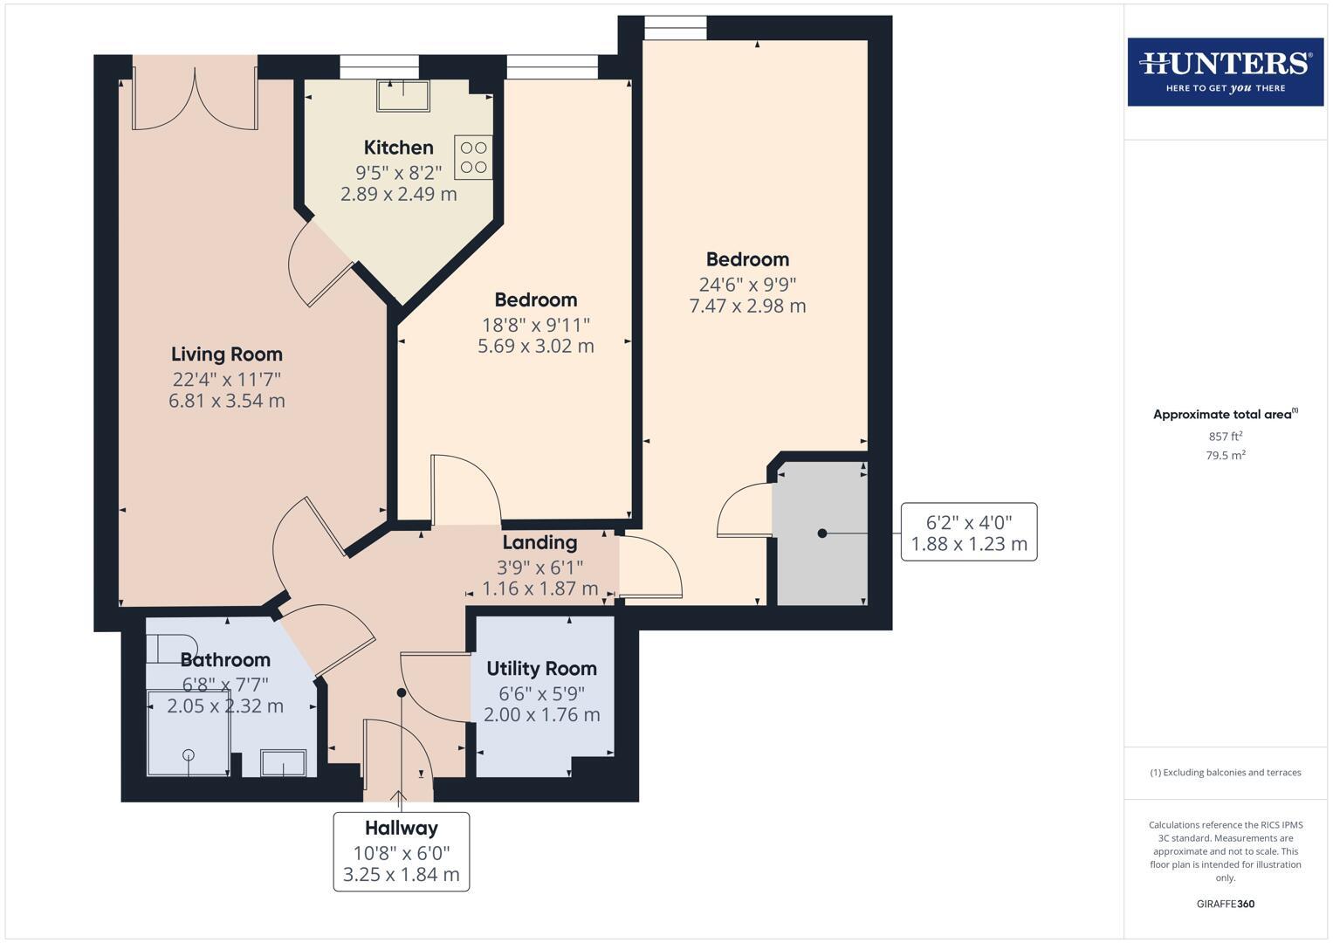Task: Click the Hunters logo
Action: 1225,72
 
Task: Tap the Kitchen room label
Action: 398,148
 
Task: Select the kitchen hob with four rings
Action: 473,157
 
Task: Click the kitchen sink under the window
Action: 402,95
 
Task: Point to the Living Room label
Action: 226,354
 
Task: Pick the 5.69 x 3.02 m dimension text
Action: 535,346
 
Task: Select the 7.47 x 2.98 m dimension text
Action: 747,306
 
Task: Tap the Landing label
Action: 539,542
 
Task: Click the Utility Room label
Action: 541,669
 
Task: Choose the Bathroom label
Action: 225,660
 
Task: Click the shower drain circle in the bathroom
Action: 188,755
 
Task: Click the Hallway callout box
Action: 402,851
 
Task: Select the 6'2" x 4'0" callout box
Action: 968,533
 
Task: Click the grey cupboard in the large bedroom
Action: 820,533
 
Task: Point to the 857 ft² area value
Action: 1225,437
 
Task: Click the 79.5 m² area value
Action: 1225,456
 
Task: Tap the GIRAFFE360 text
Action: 1225,904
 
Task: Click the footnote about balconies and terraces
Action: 1225,773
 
